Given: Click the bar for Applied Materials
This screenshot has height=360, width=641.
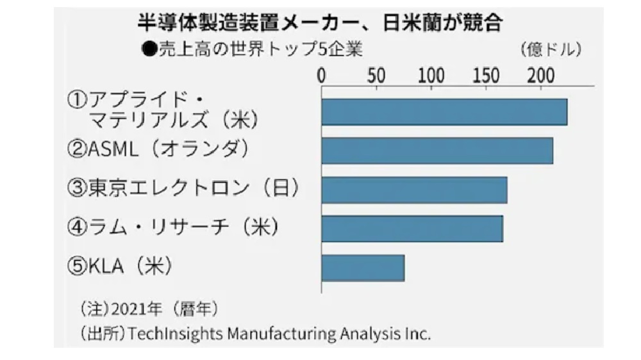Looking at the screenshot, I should (x=444, y=112).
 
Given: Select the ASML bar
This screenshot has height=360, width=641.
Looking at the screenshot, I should (x=437, y=151).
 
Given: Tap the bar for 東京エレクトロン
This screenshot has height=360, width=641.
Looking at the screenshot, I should (x=414, y=190).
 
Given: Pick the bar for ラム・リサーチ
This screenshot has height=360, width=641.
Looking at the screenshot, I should (x=412, y=229).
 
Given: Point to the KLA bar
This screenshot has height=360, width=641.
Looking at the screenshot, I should (x=363, y=268).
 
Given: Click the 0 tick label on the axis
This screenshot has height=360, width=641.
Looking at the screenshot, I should (x=322, y=76).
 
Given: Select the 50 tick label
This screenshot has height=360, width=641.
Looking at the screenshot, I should (x=376, y=76).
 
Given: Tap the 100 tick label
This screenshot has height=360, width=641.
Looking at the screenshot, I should (x=431, y=76).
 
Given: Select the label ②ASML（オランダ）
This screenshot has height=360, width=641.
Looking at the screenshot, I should (x=158, y=151).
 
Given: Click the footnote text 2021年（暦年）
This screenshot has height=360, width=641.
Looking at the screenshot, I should (x=164, y=309).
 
